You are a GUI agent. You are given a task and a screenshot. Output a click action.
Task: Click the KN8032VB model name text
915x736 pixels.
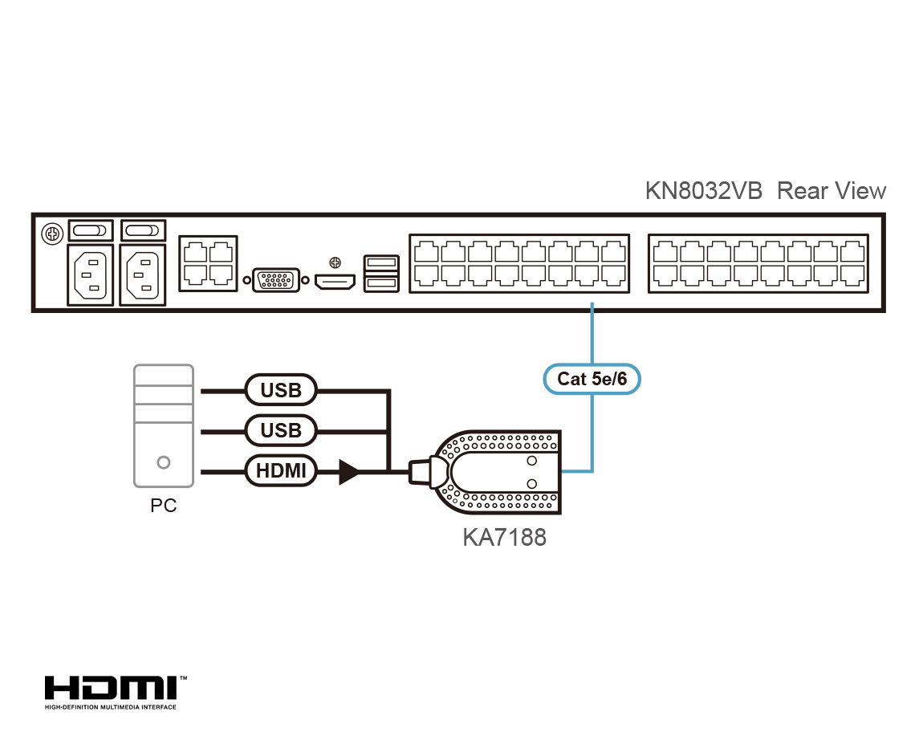coord(703,191)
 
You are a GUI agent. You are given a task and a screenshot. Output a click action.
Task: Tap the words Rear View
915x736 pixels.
coord(832,191)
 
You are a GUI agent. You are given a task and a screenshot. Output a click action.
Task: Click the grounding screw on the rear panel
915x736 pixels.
coord(52,235)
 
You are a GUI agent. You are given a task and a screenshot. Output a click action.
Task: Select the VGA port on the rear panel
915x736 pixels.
coord(277,280)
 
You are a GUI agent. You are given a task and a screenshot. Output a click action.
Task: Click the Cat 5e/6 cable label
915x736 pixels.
coord(592,379)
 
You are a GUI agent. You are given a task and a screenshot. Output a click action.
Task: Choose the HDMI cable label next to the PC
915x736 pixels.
coord(281,471)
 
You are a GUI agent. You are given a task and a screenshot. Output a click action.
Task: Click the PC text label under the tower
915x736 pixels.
coord(163,506)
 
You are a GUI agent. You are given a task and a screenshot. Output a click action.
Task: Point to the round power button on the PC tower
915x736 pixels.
coord(164,462)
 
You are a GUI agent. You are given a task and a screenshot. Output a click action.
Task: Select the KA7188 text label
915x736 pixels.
coord(504,536)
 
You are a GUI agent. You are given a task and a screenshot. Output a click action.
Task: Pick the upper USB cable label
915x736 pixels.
coord(281,391)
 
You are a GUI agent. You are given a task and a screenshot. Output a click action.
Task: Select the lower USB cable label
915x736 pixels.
coord(281,431)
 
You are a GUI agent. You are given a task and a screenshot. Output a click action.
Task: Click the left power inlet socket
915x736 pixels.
coord(90,274)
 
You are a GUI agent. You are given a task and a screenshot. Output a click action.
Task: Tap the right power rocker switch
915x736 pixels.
coord(144,231)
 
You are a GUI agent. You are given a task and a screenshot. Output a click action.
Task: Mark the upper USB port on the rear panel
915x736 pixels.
coord(380,262)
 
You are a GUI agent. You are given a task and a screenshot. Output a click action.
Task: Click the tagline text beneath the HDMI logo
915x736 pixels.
coord(111,707)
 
